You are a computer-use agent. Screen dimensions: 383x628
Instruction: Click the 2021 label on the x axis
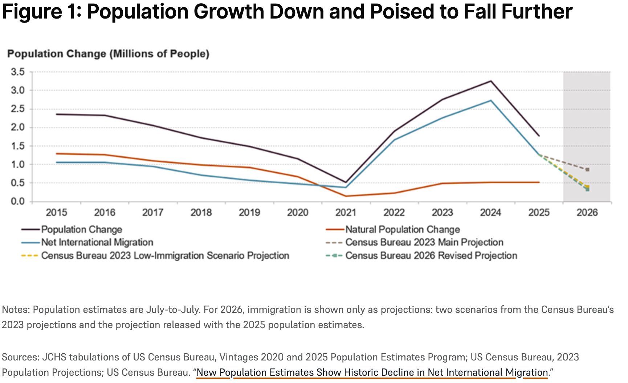pos(346,213)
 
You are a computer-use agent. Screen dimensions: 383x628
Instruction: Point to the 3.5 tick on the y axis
pos(18,72)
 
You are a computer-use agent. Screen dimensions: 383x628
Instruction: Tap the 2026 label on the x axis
pos(587,213)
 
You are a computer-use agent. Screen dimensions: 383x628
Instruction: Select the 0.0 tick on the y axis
pos(18,202)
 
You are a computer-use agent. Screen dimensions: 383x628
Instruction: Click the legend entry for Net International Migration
pos(97,242)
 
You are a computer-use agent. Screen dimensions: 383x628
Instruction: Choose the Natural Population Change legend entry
pos(402,230)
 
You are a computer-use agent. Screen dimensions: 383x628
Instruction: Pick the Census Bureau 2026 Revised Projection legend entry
pos(431,256)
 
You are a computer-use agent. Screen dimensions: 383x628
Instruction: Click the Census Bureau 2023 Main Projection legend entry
pos(424,242)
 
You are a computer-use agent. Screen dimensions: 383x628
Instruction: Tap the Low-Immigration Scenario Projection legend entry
pos(165,256)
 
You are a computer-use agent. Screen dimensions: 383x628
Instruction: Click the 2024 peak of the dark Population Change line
pos(491,81)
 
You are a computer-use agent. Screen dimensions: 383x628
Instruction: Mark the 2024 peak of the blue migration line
pos(491,101)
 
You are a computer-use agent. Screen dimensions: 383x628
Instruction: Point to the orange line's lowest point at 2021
pos(346,196)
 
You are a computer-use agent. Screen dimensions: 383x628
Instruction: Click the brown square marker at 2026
pos(587,170)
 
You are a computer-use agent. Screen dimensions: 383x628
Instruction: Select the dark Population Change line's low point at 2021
pos(346,182)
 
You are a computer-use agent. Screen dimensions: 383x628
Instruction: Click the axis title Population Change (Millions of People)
pos(108,54)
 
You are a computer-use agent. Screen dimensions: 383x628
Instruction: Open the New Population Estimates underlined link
pos(372,372)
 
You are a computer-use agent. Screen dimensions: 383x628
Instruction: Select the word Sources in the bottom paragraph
pos(20,357)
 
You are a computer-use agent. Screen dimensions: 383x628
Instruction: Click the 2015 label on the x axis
pos(56,213)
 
